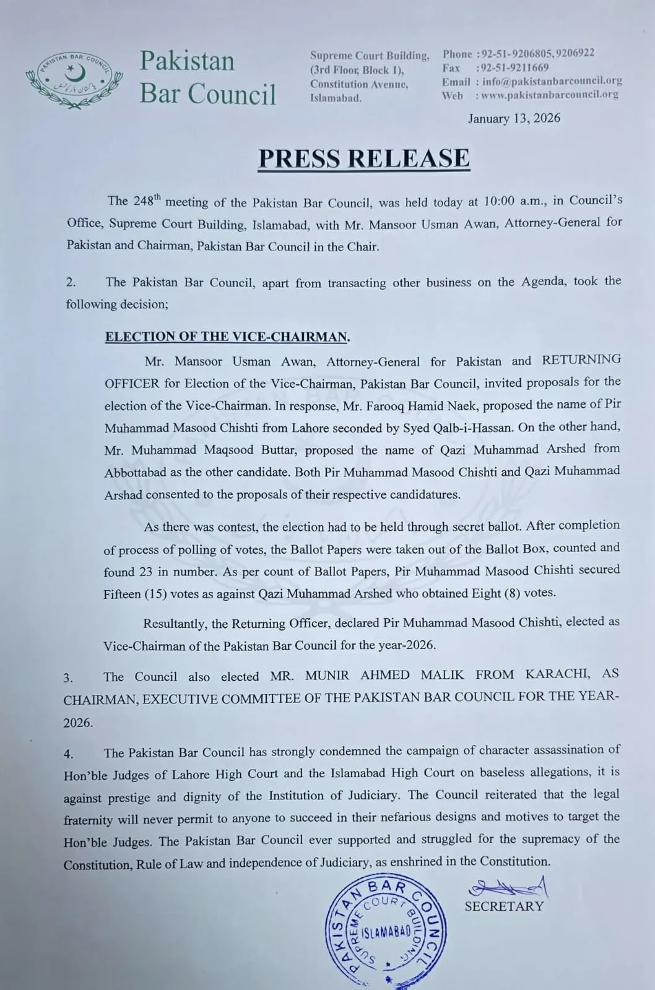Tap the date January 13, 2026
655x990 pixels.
(x=514, y=118)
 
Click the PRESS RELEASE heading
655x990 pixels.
(x=364, y=158)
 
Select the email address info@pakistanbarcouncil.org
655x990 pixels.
(x=552, y=81)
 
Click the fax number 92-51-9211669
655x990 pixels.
(x=513, y=67)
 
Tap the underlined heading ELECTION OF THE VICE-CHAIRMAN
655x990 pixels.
(x=226, y=337)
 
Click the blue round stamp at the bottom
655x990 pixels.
(x=386, y=931)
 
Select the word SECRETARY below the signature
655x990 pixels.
(x=504, y=906)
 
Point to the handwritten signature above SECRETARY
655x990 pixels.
(x=508, y=888)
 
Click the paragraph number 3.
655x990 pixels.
(x=68, y=678)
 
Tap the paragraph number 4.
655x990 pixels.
(x=68, y=754)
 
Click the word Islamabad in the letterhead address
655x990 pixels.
(x=336, y=98)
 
